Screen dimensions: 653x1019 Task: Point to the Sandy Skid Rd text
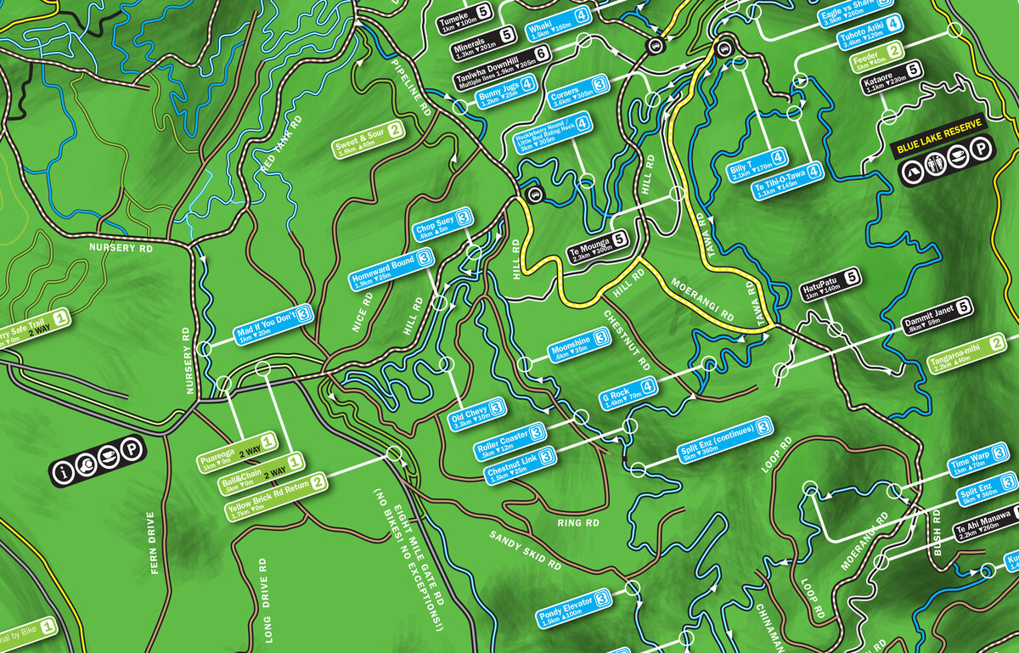click(x=525, y=549)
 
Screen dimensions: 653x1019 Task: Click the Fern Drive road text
click(x=154, y=543)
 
